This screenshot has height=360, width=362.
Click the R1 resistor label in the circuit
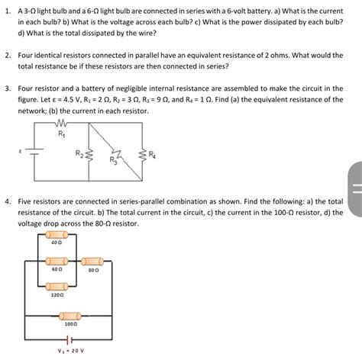click(x=62, y=134)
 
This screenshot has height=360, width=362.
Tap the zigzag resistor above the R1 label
click(x=62, y=124)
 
